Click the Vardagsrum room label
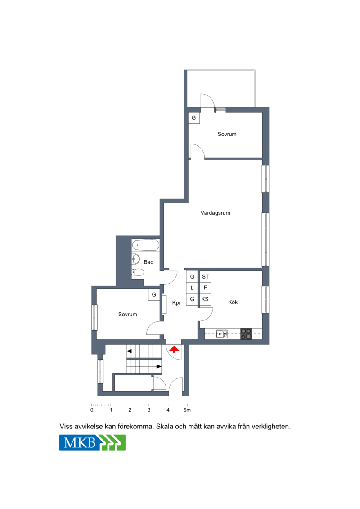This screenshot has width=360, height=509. pos(215,213)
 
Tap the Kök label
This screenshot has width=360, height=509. pos(233,302)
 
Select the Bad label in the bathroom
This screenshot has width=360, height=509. pos(148,262)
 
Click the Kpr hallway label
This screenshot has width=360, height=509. pos(176,302)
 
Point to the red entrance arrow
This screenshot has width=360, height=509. pos(174,349)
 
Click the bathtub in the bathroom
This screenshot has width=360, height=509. pos(146,245)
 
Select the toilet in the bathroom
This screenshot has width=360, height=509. pos(138,272)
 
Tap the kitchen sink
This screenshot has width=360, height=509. pos(222,333)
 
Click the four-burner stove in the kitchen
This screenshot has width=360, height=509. pos(246,334)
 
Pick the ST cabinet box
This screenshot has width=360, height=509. pos(205,277)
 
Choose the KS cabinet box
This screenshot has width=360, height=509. pos(205,299)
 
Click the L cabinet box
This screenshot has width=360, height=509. pos(192,288)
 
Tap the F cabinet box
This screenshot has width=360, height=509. pos(205,288)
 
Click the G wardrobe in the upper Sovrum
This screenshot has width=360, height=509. pos(194,117)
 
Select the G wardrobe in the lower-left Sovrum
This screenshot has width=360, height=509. pos(154,294)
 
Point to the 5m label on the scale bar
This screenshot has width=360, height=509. pos(187,410)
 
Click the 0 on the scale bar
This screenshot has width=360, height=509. pos(92,410)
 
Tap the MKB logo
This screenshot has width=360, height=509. pos(92,442)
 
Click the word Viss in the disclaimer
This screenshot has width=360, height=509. pos(66,427)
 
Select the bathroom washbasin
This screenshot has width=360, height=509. pos(136,259)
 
